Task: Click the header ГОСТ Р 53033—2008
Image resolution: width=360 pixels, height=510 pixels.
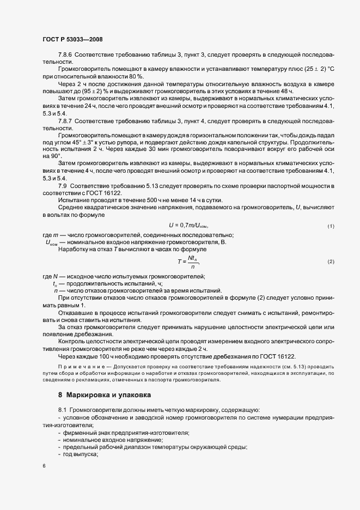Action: coord(72,39)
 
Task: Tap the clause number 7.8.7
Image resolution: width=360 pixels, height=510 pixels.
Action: coord(66,120)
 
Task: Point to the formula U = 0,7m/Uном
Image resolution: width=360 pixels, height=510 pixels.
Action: coord(189,226)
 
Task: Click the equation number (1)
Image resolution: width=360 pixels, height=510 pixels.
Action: coord(331,226)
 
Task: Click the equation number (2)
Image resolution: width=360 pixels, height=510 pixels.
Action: coord(331,262)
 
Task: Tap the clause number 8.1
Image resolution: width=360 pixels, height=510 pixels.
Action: coord(63,409)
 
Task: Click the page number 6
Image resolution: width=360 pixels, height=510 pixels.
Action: coord(44,466)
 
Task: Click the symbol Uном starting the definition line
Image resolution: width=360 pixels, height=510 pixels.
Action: coord(51,242)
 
